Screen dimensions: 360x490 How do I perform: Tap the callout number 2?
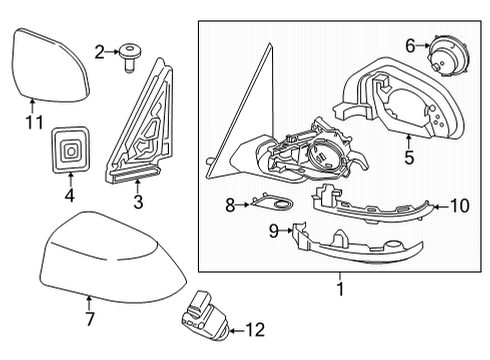98,50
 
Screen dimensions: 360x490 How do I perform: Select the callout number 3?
138,201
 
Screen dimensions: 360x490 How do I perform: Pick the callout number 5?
407,156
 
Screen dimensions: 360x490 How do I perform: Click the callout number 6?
410,45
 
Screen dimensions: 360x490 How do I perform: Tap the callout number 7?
88,319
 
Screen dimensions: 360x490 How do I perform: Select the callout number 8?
230,205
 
